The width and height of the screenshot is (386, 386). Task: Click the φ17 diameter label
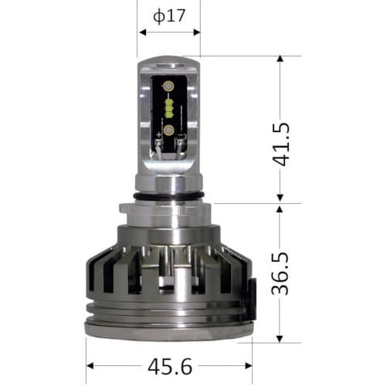169,16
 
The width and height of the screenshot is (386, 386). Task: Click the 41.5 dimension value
281,144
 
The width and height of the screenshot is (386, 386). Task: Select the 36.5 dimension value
280,273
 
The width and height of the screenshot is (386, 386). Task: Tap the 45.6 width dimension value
170,367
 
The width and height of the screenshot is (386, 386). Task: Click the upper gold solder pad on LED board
168,86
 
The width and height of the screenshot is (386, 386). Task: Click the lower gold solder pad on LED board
168,130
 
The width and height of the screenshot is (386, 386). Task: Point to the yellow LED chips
169,108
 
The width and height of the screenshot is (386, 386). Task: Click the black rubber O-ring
169,196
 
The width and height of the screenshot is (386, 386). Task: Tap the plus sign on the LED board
159,134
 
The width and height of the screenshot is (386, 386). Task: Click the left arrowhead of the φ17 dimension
142,32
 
